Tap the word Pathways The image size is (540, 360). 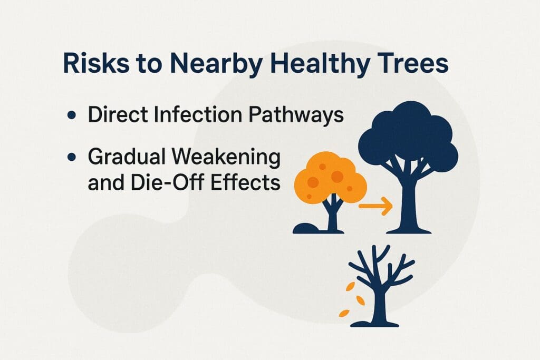click(289, 115)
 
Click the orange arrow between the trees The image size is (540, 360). click(375, 206)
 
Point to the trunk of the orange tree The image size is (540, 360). click(333, 216)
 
